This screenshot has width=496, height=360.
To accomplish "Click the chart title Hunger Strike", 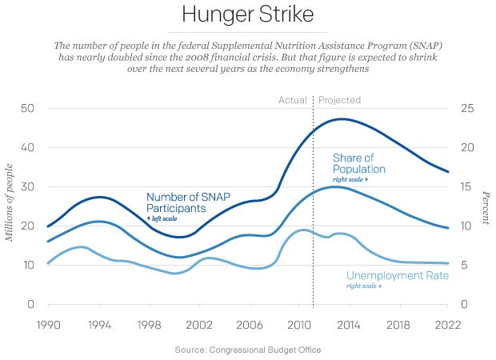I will pos(247,15).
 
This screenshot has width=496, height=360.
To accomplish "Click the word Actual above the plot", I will pos(293,100).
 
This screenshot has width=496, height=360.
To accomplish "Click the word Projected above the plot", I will pos(339,100).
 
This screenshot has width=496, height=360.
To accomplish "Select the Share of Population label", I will pos(359,164).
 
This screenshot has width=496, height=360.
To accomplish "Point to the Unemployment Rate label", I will pos(398,275).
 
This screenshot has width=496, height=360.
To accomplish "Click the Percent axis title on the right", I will pos(485,206).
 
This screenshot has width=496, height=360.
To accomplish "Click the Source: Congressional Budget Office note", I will pos(247,350).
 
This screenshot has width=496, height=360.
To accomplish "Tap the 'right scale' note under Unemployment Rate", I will pos(361,286).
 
